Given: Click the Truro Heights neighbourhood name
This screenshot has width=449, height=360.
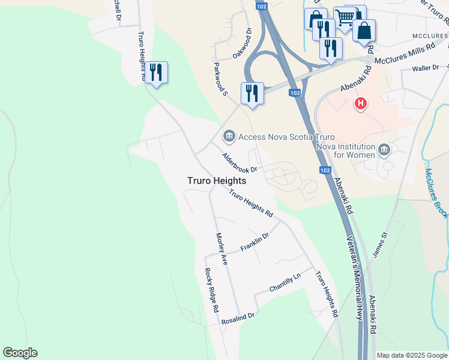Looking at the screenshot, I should [216, 181].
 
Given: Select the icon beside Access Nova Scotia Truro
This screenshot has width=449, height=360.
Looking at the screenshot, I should [228, 137].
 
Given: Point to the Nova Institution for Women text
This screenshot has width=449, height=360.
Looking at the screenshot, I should [345, 151].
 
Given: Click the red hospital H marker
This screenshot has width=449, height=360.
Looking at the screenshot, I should [360, 104].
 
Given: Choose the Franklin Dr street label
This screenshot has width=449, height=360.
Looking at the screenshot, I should [255, 242].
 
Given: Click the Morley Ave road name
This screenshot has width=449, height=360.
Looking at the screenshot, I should [221, 249].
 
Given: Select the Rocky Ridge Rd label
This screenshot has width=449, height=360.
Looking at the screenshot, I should [211, 290].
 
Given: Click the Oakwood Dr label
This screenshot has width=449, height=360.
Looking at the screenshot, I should [241, 43].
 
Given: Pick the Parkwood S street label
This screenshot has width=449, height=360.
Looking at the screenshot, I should [221, 77].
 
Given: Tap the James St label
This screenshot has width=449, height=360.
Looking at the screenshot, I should [381, 245].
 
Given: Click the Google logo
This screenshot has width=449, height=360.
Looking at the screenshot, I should [20, 353].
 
